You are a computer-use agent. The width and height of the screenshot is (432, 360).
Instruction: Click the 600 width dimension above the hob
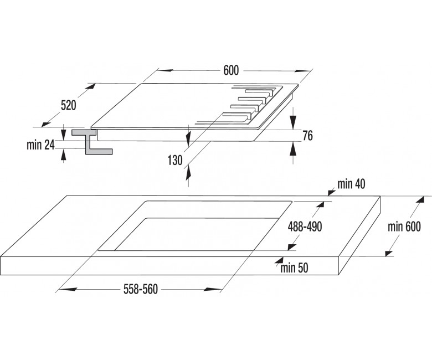(x=231, y=70)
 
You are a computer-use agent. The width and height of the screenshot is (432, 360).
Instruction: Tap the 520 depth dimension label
(x=68, y=105)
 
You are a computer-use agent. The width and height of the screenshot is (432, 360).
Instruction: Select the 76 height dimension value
(x=308, y=136)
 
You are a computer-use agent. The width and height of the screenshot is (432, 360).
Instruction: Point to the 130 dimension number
(x=175, y=160)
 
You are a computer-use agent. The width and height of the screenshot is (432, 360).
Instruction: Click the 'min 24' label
(x=41, y=145)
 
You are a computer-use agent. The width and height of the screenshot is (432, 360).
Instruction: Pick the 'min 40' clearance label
(x=351, y=184)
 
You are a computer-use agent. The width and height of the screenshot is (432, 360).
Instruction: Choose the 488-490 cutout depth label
(x=305, y=227)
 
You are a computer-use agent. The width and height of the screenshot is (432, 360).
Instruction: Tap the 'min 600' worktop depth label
(x=404, y=227)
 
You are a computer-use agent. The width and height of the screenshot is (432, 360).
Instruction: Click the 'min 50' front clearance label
(x=294, y=268)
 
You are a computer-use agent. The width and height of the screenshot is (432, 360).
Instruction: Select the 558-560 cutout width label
(x=141, y=289)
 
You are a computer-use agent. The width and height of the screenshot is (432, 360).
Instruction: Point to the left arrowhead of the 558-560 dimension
(x=68, y=289)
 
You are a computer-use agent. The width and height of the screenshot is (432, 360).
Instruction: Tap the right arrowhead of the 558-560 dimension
(x=212, y=289)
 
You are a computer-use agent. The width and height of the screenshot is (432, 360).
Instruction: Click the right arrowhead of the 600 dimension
(x=302, y=71)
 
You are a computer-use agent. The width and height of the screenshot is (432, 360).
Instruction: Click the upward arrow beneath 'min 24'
(x=63, y=155)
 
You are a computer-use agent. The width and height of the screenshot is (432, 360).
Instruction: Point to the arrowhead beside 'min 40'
(x=331, y=192)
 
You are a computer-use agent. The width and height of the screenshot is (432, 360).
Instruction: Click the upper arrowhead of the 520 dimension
(x=91, y=86)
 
